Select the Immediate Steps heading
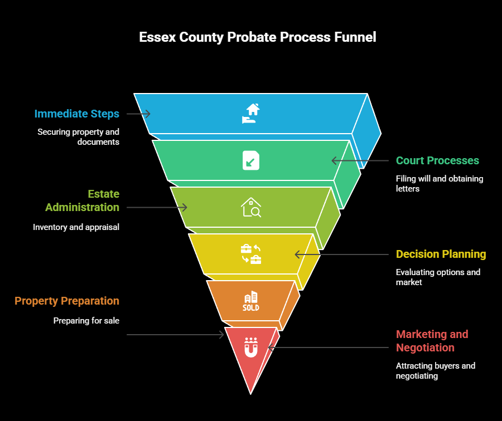pyautogui.click(x=77, y=114)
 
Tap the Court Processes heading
pyautogui.click(x=437, y=160)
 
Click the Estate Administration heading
pyautogui.click(x=82, y=200)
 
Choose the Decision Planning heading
pyautogui.click(x=441, y=254)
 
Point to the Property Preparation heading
pyautogui.click(x=67, y=301)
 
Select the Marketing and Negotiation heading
pyautogui.click(x=432, y=341)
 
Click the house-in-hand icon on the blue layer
pyautogui.click(x=251, y=113)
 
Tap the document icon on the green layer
pyautogui.click(x=251, y=160)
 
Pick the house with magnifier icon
pyautogui.click(x=251, y=207)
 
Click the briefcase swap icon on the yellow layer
pyautogui.click(x=251, y=254)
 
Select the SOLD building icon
pyautogui.click(x=251, y=301)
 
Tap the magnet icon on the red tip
pyautogui.click(x=251, y=348)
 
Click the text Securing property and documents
pyautogui.click(x=79, y=137)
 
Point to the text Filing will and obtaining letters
pyautogui.click(x=440, y=184)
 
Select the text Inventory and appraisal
pyautogui.click(x=76, y=227)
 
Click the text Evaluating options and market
pyautogui.click(x=438, y=277)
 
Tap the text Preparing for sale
pyautogui.click(x=86, y=321)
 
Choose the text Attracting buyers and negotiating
pyautogui.click(x=436, y=371)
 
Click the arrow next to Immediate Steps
pyautogui.click(x=138, y=114)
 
